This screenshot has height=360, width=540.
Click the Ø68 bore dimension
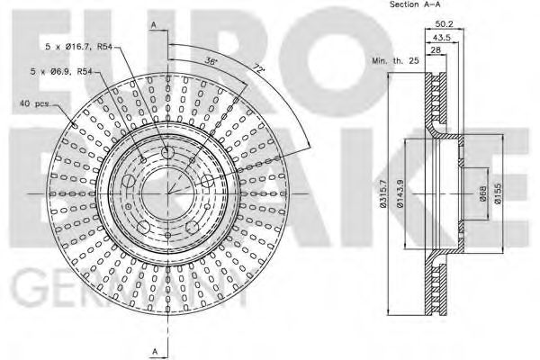483,193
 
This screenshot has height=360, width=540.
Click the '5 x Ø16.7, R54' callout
80,46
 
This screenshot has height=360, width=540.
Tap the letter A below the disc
154,349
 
